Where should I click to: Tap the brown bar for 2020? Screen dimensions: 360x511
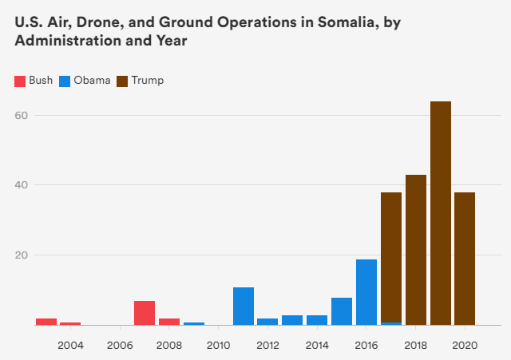(465, 259)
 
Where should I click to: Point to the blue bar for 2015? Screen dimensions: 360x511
(342, 311)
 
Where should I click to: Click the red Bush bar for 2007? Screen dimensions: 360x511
(145, 313)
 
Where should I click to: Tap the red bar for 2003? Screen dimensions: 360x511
(46, 322)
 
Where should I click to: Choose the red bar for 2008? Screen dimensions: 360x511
(169, 322)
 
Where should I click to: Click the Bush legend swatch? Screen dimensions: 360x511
(20, 81)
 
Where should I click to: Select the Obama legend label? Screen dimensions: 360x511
(92, 81)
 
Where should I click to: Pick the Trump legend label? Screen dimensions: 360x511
(149, 81)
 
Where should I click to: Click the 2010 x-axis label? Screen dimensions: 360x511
(218, 346)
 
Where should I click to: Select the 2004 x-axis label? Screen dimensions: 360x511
(70, 346)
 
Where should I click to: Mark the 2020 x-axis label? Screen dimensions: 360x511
(465, 346)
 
